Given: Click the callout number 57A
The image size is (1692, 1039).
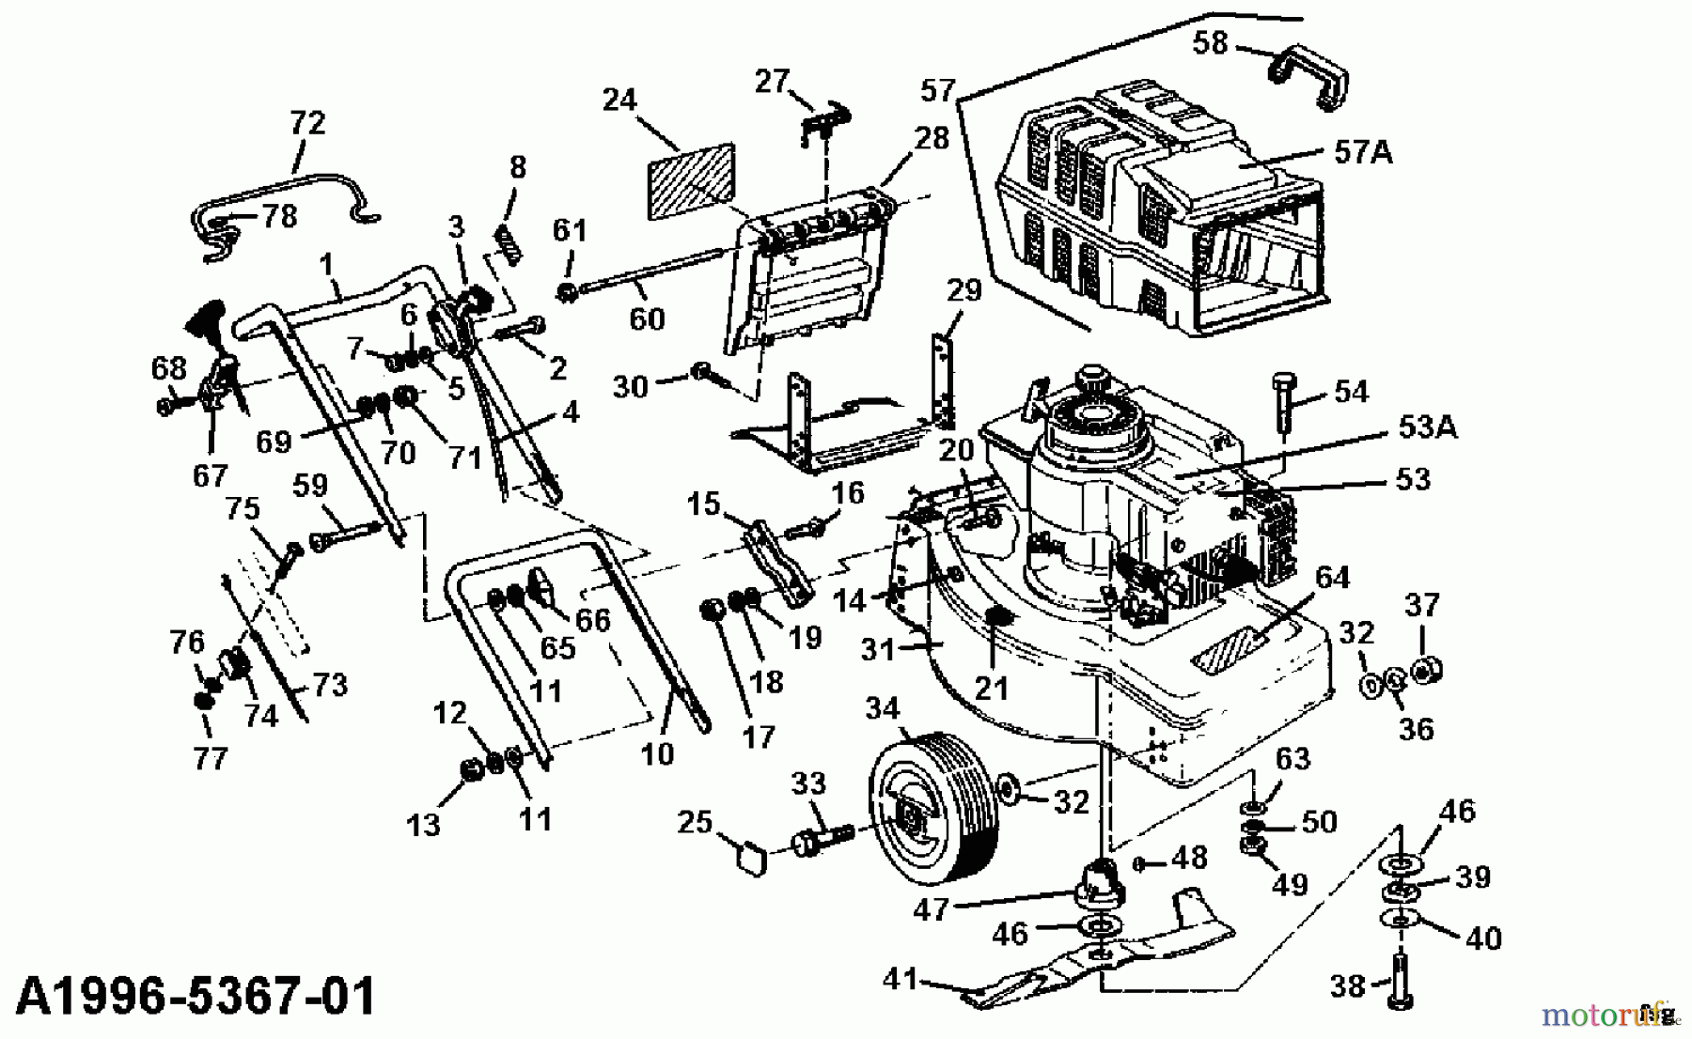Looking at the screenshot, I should (1362, 151).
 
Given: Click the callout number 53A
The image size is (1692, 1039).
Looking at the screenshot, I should (1426, 427).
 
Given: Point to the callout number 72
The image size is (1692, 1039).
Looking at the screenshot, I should (307, 123).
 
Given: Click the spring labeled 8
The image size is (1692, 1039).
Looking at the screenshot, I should (509, 248).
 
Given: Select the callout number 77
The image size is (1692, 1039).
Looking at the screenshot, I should (210, 757).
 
